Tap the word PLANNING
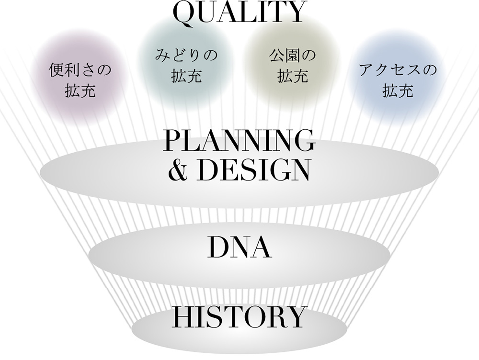pos(239,141)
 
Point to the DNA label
pos(239,247)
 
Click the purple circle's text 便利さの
pos(80,70)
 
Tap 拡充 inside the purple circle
pos(80,90)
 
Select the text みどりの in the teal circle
pos(186,55)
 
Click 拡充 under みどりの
pos(186,76)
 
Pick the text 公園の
pos(292,55)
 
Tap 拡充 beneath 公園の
pos(292,76)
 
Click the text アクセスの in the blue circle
pos(398,70)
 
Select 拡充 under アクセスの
pos(398,90)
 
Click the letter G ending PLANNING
pos(304,141)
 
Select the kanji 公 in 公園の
pos(276,55)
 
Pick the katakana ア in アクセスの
pos(366,70)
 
